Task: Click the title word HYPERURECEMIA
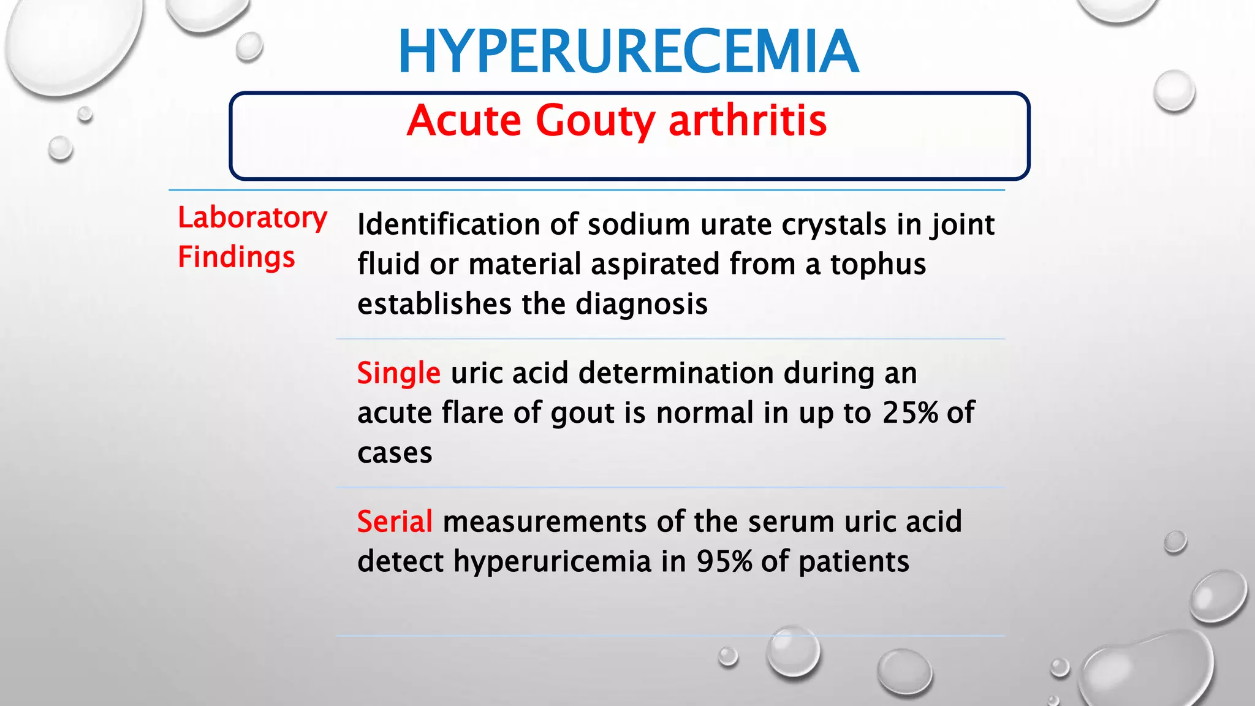pyautogui.click(x=628, y=51)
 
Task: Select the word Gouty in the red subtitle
pyautogui.click(x=595, y=121)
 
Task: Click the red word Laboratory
pyautogui.click(x=252, y=218)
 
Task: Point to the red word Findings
pyautogui.click(x=237, y=257)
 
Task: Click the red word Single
pyautogui.click(x=398, y=374)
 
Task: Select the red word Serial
pyautogui.click(x=395, y=522)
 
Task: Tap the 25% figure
pyautogui.click(x=910, y=413)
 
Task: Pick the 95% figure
pyautogui.click(x=724, y=561)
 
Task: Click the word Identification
pyautogui.click(x=448, y=224)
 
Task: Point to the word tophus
pyautogui.click(x=878, y=265)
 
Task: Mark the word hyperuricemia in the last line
pyautogui.click(x=552, y=562)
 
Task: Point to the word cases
pyautogui.click(x=395, y=454)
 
